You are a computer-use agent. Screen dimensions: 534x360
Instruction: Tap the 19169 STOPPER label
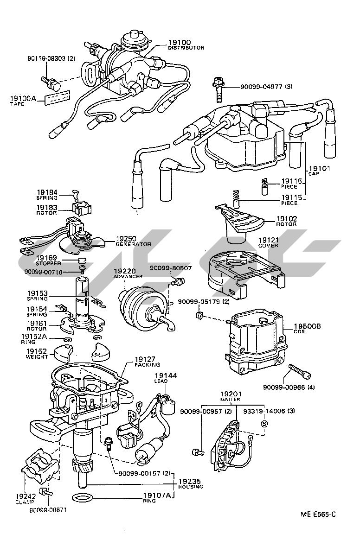(47, 260)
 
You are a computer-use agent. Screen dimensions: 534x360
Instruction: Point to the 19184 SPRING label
(47, 194)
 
